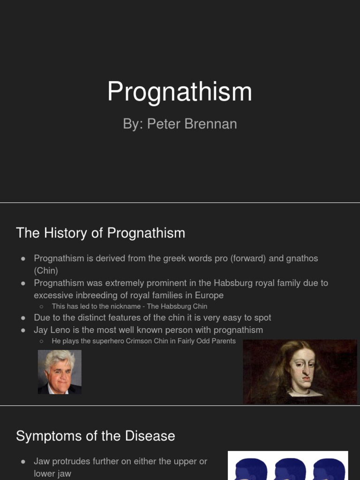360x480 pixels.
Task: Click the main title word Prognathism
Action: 180,92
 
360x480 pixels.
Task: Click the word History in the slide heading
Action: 66,233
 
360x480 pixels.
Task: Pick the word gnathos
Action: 302,259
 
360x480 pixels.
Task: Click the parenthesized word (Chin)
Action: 46,270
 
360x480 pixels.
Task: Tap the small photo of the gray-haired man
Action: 60,372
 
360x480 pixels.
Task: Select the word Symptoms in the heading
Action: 49,436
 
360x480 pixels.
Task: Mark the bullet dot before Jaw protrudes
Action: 23,462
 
